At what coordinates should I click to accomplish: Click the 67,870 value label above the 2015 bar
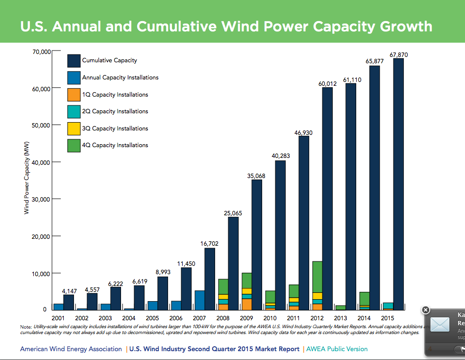pos(399,55)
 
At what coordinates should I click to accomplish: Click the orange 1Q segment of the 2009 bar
pos(247,304)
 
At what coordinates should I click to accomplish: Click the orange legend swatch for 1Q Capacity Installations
pos(73,95)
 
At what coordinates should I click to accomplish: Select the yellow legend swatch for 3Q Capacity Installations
pos(73,129)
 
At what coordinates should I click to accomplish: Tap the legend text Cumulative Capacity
pos(110,60)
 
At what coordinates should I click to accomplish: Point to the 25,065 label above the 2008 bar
pos(233,213)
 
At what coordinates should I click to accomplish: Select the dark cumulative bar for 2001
pos(69,302)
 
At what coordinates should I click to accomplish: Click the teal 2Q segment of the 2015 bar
pos(388,306)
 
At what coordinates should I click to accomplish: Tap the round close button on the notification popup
pos(425,310)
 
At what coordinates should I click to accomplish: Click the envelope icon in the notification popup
pos(440,325)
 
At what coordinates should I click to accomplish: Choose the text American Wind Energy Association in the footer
pos(71,349)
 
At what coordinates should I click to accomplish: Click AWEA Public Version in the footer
pos(337,349)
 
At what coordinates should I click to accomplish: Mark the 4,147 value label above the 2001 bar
pos(70,291)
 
